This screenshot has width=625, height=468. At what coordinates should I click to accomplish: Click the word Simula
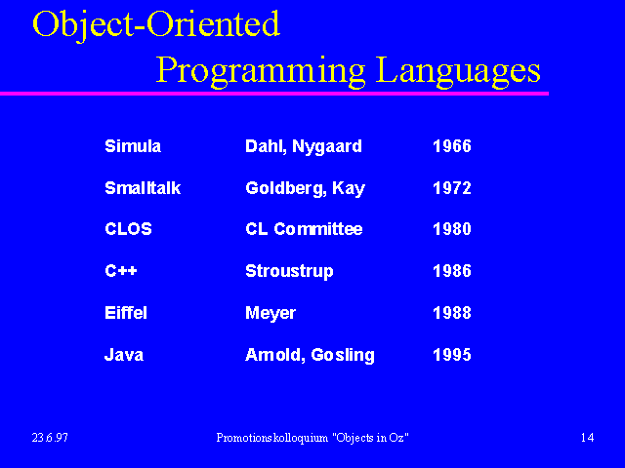[133, 146]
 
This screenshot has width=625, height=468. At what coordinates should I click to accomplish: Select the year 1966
[452, 146]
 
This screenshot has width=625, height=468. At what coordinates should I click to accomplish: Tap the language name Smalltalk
[143, 188]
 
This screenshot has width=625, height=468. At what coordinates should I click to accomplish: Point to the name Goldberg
[286, 188]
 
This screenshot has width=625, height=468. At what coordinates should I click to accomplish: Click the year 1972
[452, 188]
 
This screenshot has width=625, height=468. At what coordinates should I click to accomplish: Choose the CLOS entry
[128, 229]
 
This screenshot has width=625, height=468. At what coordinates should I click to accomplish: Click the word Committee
[318, 229]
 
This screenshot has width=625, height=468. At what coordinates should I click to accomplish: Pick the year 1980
[452, 229]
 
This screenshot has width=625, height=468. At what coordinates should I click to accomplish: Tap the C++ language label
[121, 271]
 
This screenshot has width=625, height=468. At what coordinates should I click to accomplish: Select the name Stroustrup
[289, 272]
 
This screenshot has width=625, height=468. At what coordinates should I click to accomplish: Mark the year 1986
[452, 271]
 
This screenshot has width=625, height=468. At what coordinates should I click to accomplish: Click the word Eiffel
[126, 313]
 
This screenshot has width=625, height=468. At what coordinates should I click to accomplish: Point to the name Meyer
[271, 314]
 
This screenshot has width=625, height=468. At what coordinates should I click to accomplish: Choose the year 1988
[452, 313]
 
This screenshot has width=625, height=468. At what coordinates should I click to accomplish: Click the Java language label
[124, 355]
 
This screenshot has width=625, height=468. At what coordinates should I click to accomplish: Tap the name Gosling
[343, 355]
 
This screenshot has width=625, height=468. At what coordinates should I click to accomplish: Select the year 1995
[452, 355]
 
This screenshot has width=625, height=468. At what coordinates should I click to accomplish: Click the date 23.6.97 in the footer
[50, 438]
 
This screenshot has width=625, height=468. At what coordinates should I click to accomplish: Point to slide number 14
[588, 438]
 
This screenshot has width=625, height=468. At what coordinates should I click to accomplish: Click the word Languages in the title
[458, 71]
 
